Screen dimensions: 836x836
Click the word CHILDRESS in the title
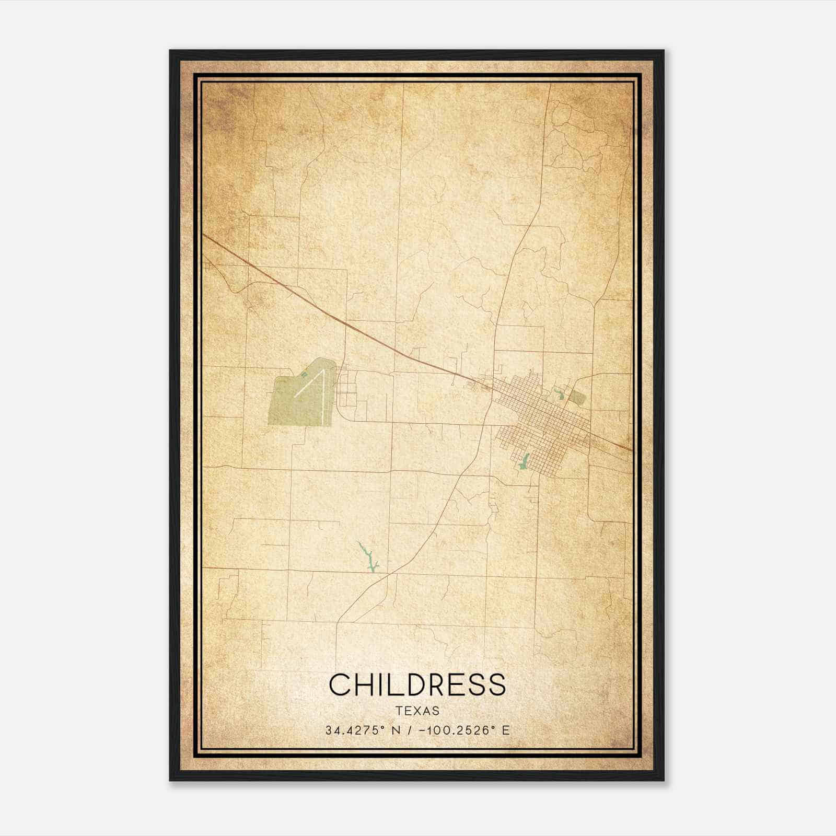pyautogui.click(x=417, y=684)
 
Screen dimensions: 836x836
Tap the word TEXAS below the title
pyautogui.click(x=417, y=711)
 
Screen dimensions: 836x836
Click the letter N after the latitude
pyautogui.click(x=396, y=730)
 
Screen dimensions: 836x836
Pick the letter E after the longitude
pyautogui.click(x=505, y=730)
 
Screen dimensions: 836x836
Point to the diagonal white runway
pyautogui.click(x=308, y=384)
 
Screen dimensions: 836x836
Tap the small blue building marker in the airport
pyautogui.click(x=304, y=375)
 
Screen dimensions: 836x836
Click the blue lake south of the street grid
pyautogui.click(x=524, y=461)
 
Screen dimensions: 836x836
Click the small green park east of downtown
pyautogui.click(x=577, y=398)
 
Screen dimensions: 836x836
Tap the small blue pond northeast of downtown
pyautogui.click(x=558, y=393)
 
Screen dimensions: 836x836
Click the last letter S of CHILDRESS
pyautogui.click(x=498, y=684)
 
